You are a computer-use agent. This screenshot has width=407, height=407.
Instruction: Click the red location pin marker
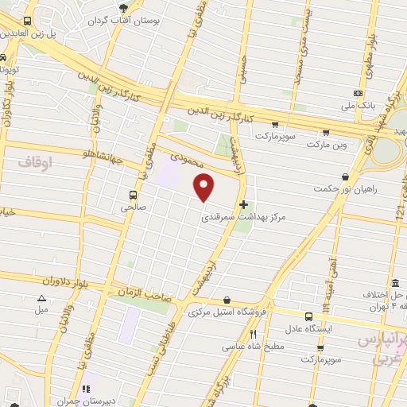[204, 188]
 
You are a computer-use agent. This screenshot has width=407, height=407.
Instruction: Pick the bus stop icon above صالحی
[132, 194]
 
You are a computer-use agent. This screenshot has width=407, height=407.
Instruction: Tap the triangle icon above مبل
[41, 298]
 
